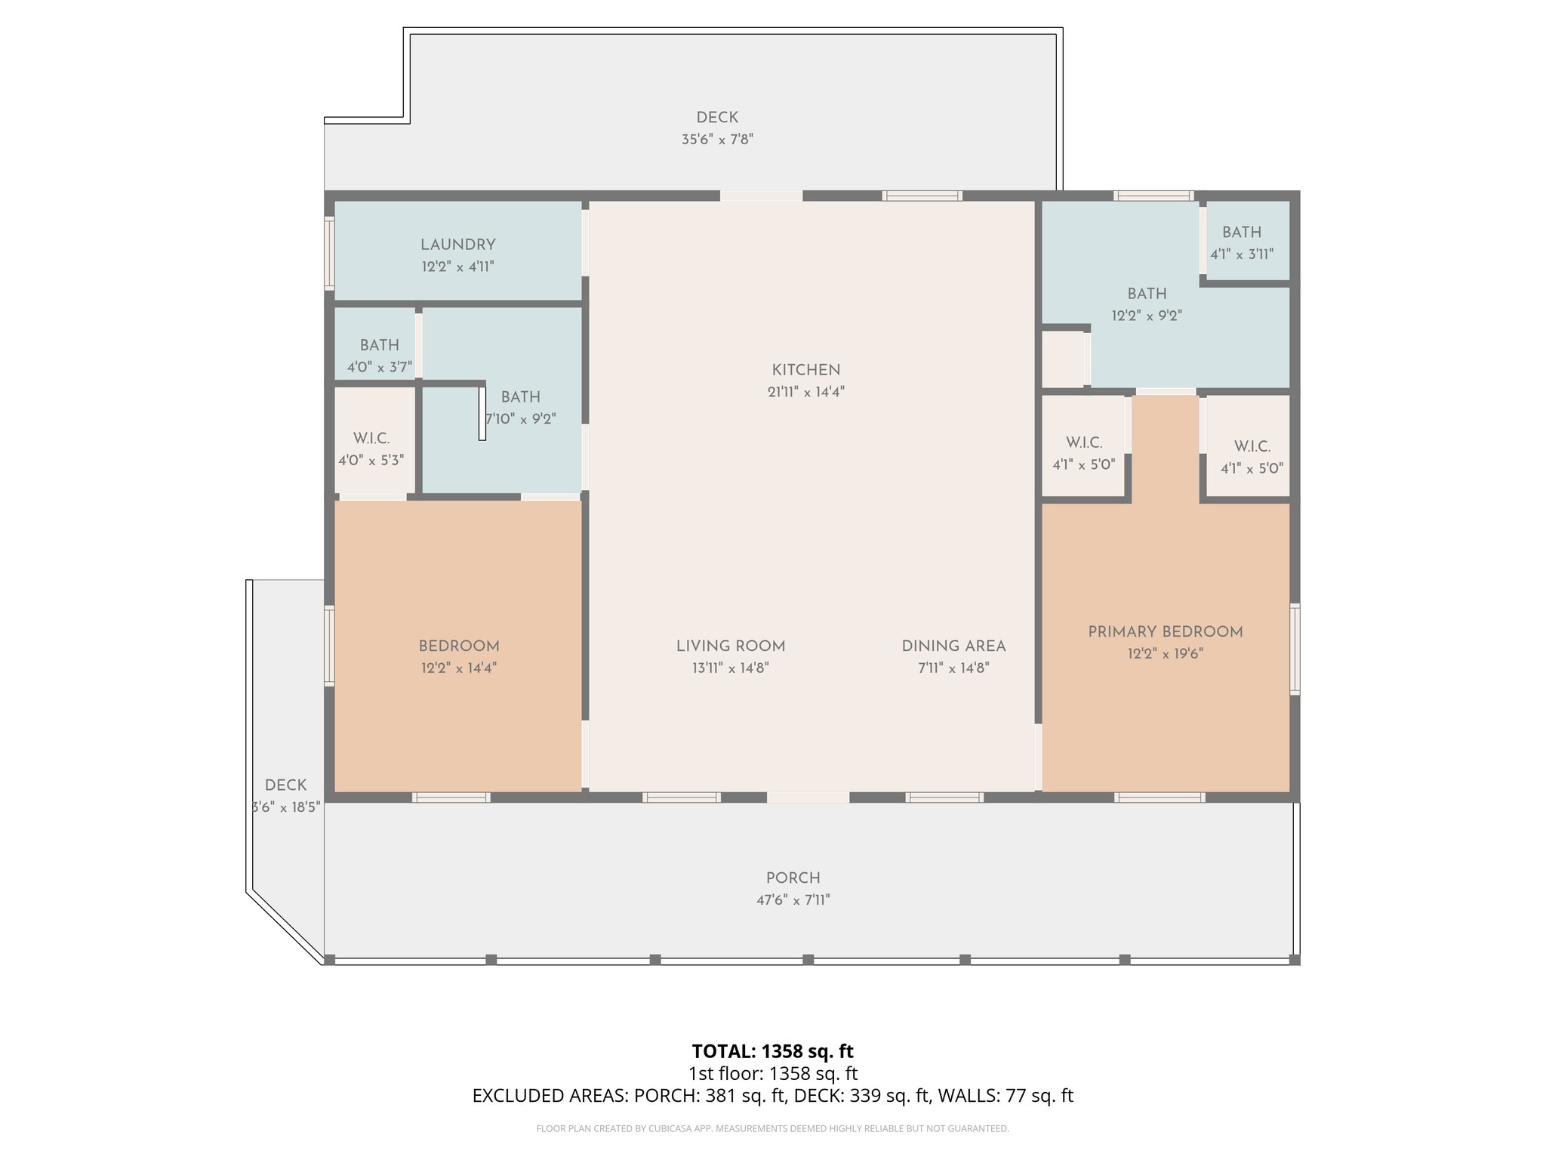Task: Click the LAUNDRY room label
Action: pyautogui.click(x=457, y=245)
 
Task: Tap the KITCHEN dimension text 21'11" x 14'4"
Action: pyautogui.click(x=805, y=392)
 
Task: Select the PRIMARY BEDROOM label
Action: pyautogui.click(x=1165, y=632)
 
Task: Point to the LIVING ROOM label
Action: pyautogui.click(x=730, y=646)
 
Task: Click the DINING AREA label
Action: pyautogui.click(x=953, y=646)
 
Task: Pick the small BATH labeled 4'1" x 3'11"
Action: pyautogui.click(x=1241, y=233)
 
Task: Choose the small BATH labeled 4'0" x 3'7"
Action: pyautogui.click(x=379, y=345)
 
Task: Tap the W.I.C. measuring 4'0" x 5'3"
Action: pyautogui.click(x=371, y=439)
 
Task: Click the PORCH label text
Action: pyautogui.click(x=793, y=878)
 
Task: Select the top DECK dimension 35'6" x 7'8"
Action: pyautogui.click(x=717, y=140)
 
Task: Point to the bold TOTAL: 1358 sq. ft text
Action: pyautogui.click(x=772, y=1051)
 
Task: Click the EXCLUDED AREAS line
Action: pyautogui.click(x=772, y=1096)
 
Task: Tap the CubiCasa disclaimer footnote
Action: pyautogui.click(x=772, y=1129)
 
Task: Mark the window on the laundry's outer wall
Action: pyautogui.click(x=329, y=253)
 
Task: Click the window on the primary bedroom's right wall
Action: pyautogui.click(x=1295, y=649)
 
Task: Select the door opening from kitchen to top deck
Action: pyautogui.click(x=761, y=196)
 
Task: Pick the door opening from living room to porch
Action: pyautogui.click(x=808, y=797)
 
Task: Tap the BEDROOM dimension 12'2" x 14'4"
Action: pyautogui.click(x=458, y=668)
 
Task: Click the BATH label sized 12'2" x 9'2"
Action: pyautogui.click(x=1147, y=294)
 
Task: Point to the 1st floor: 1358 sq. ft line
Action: pyautogui.click(x=772, y=1074)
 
